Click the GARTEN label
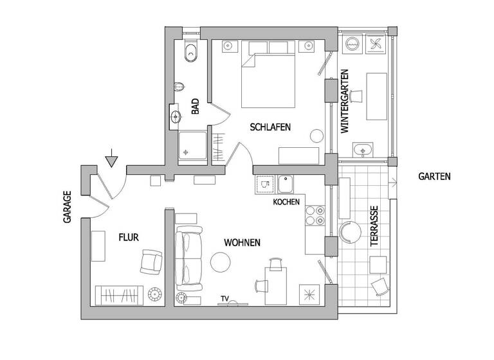[434, 175]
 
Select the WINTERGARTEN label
[345, 101]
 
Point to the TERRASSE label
[374, 228]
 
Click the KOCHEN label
[286, 202]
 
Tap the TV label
[224, 298]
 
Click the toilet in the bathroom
[190, 52]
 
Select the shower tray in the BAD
[193, 147]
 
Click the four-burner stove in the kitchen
[315, 215]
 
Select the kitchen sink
[285, 184]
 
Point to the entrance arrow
[111, 158]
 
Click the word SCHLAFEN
[270, 127]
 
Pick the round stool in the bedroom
[316, 136]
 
